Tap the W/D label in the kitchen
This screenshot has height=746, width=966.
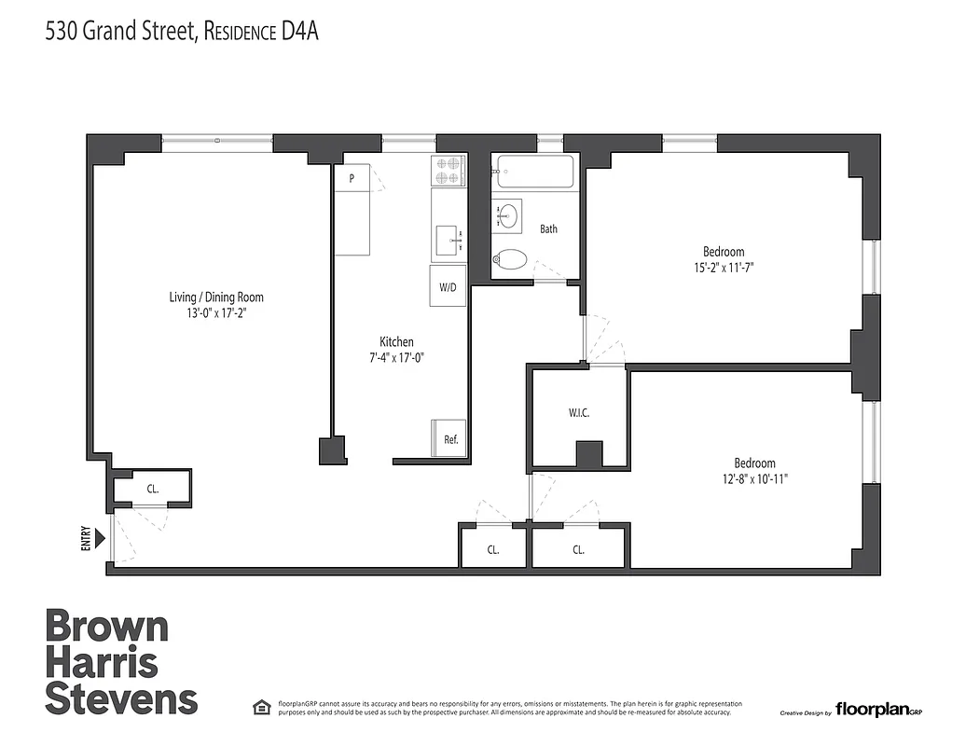(448, 287)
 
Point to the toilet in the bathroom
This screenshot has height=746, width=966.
(509, 259)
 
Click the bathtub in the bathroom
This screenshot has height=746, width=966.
(535, 172)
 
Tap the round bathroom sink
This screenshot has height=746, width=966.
(508, 215)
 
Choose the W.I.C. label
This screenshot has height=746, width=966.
(579, 412)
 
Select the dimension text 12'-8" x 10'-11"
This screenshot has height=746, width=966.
(754, 480)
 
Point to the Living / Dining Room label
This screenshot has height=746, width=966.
(216, 297)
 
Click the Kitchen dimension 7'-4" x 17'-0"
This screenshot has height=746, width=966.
(396, 357)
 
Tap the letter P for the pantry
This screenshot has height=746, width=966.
(352, 177)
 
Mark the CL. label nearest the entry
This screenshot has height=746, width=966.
(152, 488)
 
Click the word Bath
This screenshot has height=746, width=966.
(548, 228)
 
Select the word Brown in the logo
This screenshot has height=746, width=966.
(107, 628)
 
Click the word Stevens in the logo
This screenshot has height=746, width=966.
(121, 698)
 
